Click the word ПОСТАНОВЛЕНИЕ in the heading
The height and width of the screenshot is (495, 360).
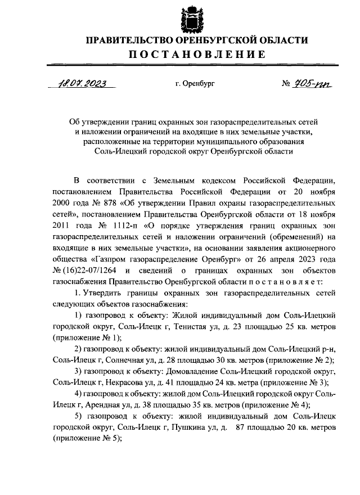point(196,55)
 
